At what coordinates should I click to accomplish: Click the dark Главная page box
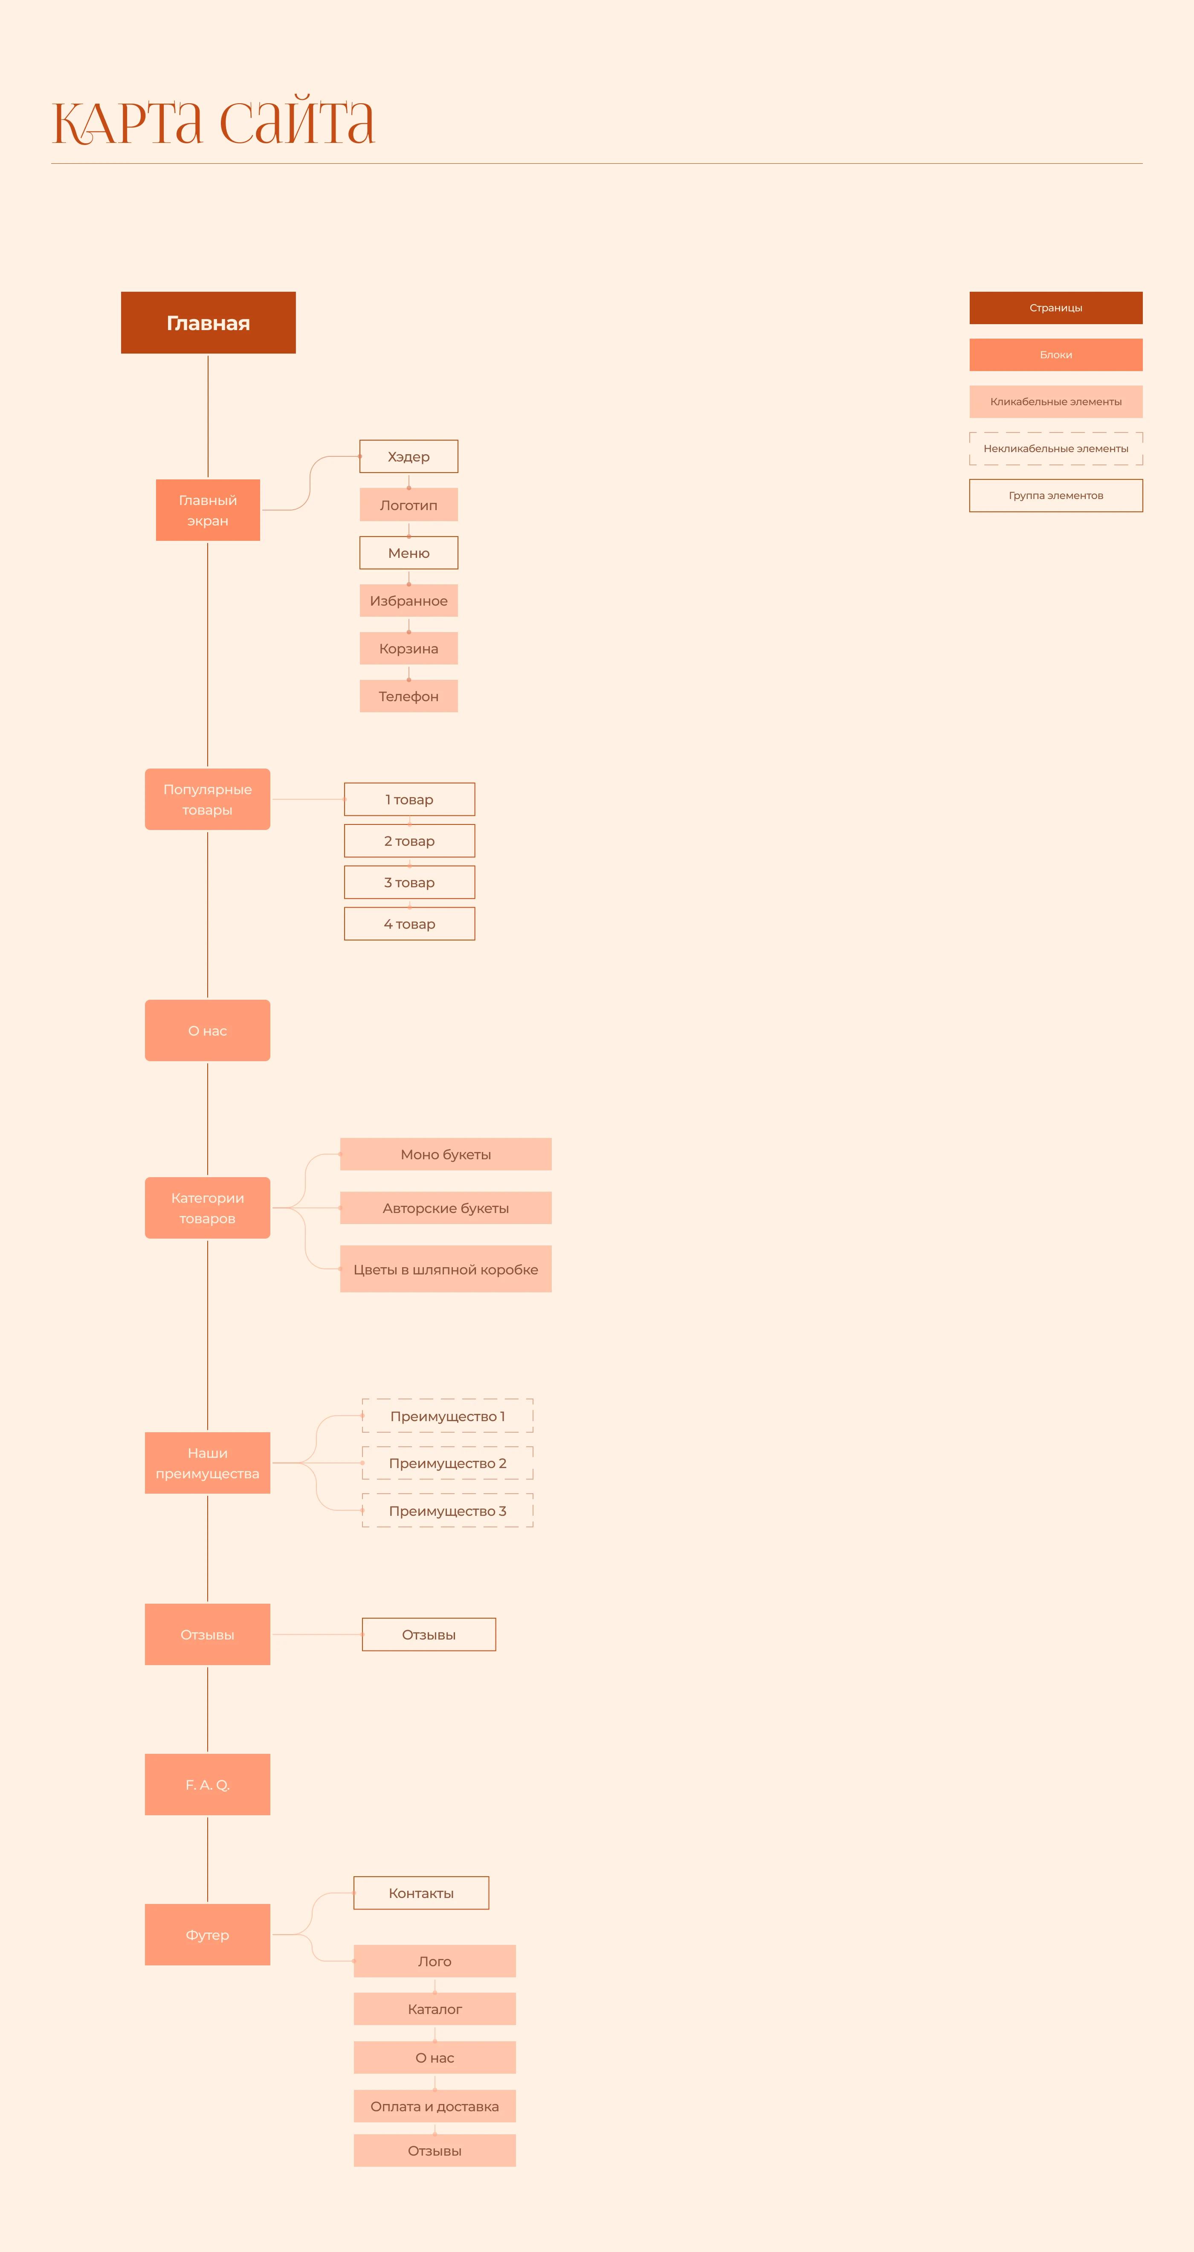[x=208, y=322]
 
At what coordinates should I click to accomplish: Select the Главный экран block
[x=208, y=510]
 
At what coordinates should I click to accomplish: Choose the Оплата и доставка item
[x=435, y=2106]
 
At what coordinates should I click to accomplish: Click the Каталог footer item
[x=435, y=2009]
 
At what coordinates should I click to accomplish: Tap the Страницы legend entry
[x=1056, y=308]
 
